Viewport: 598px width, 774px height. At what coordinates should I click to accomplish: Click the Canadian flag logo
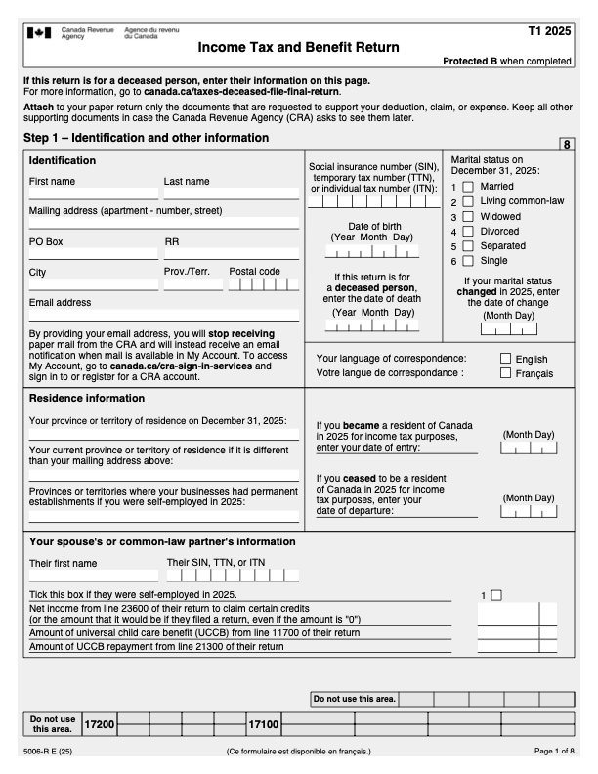click(x=40, y=32)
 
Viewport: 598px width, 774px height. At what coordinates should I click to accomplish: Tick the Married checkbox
click(x=468, y=186)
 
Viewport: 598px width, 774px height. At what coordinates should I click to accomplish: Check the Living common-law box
click(x=468, y=201)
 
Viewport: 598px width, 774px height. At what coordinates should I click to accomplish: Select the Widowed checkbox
click(x=468, y=216)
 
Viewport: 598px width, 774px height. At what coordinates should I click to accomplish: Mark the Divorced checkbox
click(x=468, y=232)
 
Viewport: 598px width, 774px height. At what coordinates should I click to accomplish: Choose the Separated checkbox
click(x=468, y=246)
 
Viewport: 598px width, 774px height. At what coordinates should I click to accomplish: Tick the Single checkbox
click(x=468, y=261)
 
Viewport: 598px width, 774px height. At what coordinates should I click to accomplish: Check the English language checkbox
click(x=506, y=359)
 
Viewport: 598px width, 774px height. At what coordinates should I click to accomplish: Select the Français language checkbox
click(x=506, y=373)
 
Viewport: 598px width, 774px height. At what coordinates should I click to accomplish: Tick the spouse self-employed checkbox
click(x=495, y=594)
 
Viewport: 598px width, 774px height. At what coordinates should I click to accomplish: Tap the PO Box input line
click(x=93, y=254)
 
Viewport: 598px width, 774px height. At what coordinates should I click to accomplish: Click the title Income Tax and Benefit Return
click(x=297, y=47)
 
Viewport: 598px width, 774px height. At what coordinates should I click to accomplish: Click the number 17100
click(x=263, y=724)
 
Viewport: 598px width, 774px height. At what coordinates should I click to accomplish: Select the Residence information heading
click(x=87, y=399)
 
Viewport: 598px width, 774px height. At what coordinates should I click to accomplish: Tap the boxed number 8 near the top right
click(x=566, y=145)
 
